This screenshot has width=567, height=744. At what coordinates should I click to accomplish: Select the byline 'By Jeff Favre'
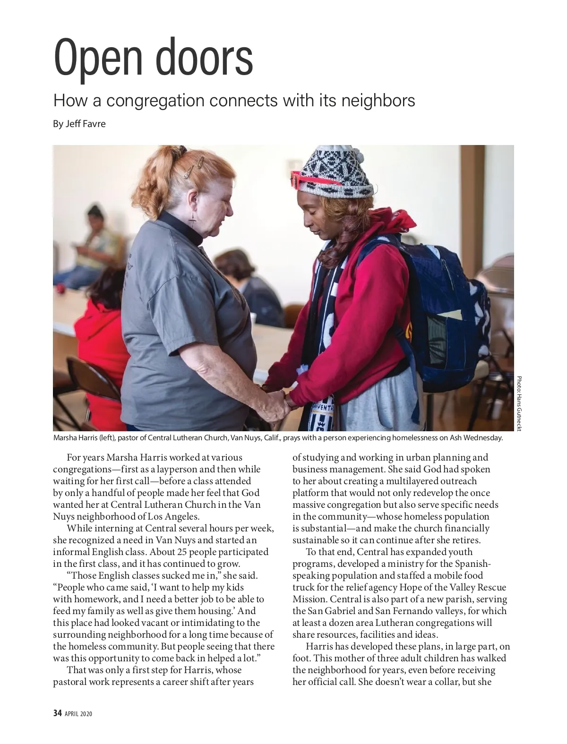[x=79, y=124]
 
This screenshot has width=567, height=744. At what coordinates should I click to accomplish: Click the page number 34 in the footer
[x=57, y=713]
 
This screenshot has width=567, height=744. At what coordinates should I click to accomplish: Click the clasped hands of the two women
[x=276, y=402]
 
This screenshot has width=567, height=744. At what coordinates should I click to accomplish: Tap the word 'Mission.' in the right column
[x=307, y=599]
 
